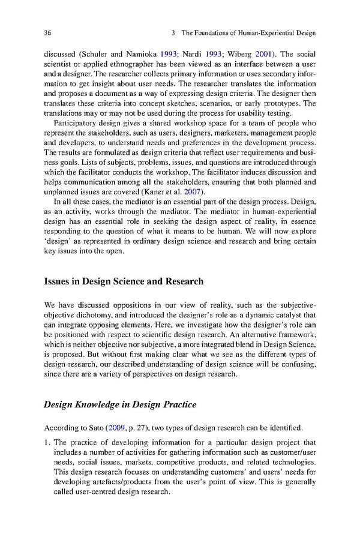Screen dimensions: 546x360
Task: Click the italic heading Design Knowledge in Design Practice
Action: click(120, 404)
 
